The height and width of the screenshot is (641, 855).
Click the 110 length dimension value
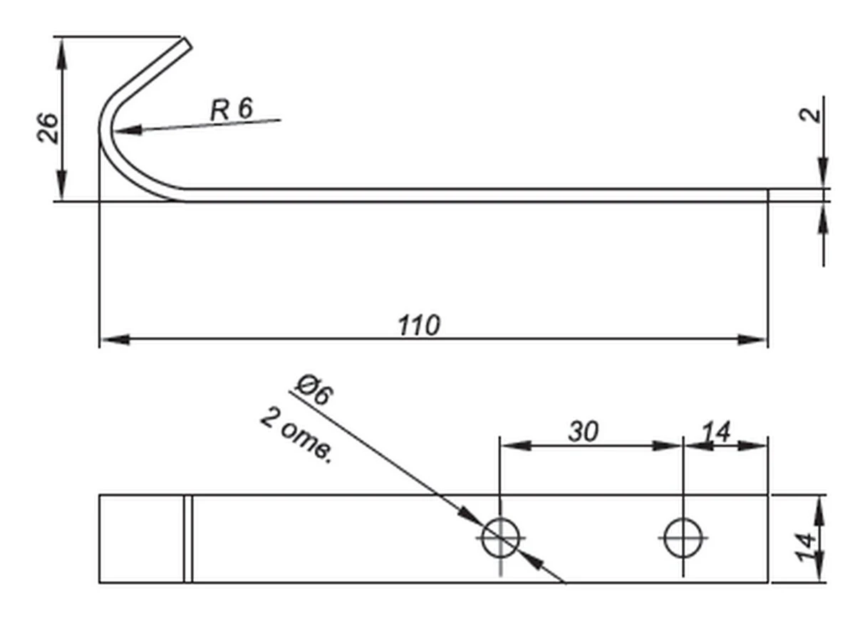[419, 325]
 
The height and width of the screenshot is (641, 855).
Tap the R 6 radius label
[231, 110]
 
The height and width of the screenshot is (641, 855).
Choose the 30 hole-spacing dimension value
[583, 432]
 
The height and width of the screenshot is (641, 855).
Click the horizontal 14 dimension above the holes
[715, 432]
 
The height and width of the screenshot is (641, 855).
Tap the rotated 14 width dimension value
[807, 547]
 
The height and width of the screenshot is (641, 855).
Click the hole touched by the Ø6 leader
[501, 538]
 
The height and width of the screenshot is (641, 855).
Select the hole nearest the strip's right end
[683, 538]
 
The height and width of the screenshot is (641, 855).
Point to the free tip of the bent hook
[187, 43]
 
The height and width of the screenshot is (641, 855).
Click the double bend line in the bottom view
[188, 538]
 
